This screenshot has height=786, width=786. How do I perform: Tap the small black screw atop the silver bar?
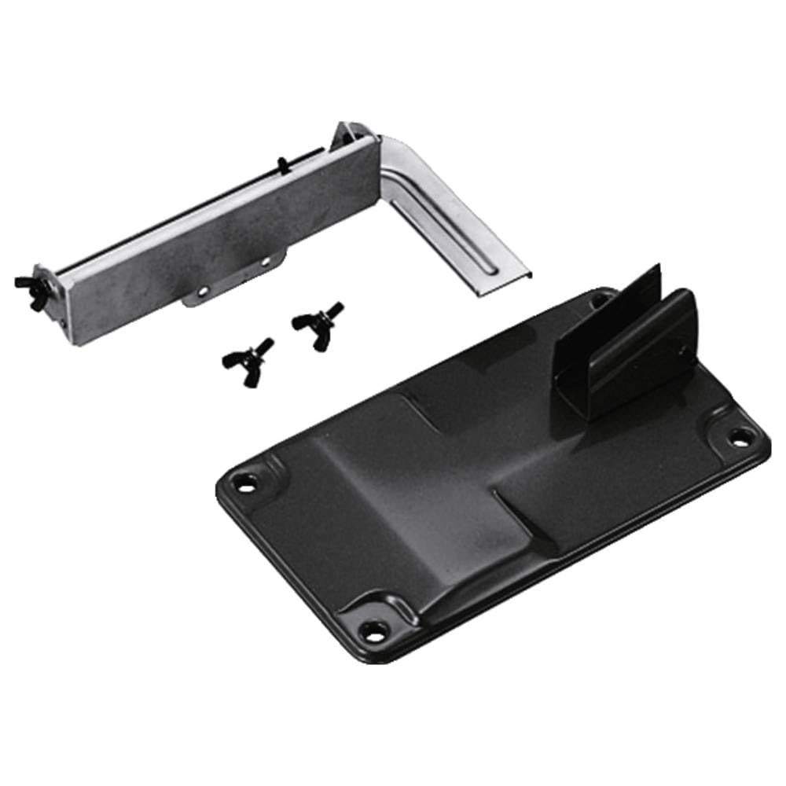point(281,164)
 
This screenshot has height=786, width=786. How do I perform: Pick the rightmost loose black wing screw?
point(318,321)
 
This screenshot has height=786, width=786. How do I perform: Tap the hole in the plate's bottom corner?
point(372,629)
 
